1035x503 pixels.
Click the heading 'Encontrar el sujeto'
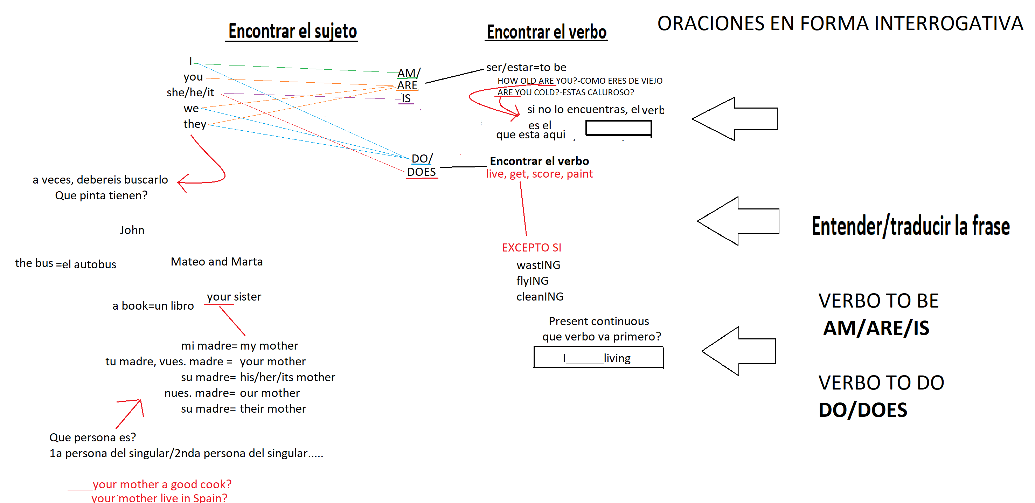292,32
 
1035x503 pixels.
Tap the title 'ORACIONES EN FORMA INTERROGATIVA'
840,23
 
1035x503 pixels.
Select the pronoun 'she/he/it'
190,92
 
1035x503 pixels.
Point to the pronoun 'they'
195,124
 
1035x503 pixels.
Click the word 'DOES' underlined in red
421,172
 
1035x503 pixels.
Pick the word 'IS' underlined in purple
406,98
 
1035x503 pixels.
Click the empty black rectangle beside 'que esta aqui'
618,128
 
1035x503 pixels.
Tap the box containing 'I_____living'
598,357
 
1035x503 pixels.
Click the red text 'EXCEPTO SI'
531,248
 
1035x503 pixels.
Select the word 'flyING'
532,281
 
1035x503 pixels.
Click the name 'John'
132,230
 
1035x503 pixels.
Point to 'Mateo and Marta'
217,262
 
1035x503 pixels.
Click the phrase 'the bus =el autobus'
65,264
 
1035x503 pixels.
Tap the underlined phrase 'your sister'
234,297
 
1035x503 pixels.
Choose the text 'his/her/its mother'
287,377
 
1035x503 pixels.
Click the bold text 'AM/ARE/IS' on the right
876,328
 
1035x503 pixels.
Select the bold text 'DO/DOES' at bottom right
863,410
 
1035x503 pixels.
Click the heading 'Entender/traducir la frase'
910,226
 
